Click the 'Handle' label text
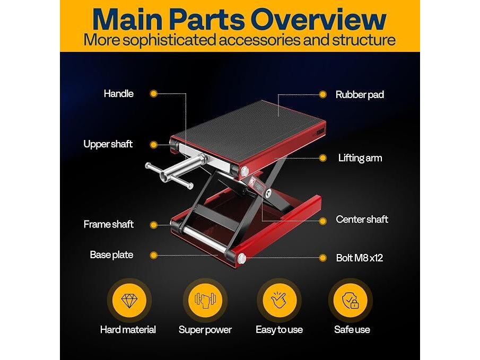(x=118, y=94)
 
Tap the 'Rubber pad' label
(x=360, y=94)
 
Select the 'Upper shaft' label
(x=108, y=144)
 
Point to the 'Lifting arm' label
(x=360, y=158)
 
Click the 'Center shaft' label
(x=362, y=219)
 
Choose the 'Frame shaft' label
(x=109, y=224)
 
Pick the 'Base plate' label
(x=111, y=255)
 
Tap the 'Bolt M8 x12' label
(x=360, y=258)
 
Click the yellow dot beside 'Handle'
(x=154, y=94)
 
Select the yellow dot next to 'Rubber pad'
(x=322, y=94)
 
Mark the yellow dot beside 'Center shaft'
(x=322, y=221)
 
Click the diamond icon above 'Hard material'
(x=129, y=300)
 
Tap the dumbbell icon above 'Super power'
(x=205, y=300)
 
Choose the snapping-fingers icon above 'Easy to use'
(x=278, y=300)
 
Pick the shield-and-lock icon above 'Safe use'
(x=351, y=300)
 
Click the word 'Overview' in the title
(x=318, y=19)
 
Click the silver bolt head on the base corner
(x=241, y=258)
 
